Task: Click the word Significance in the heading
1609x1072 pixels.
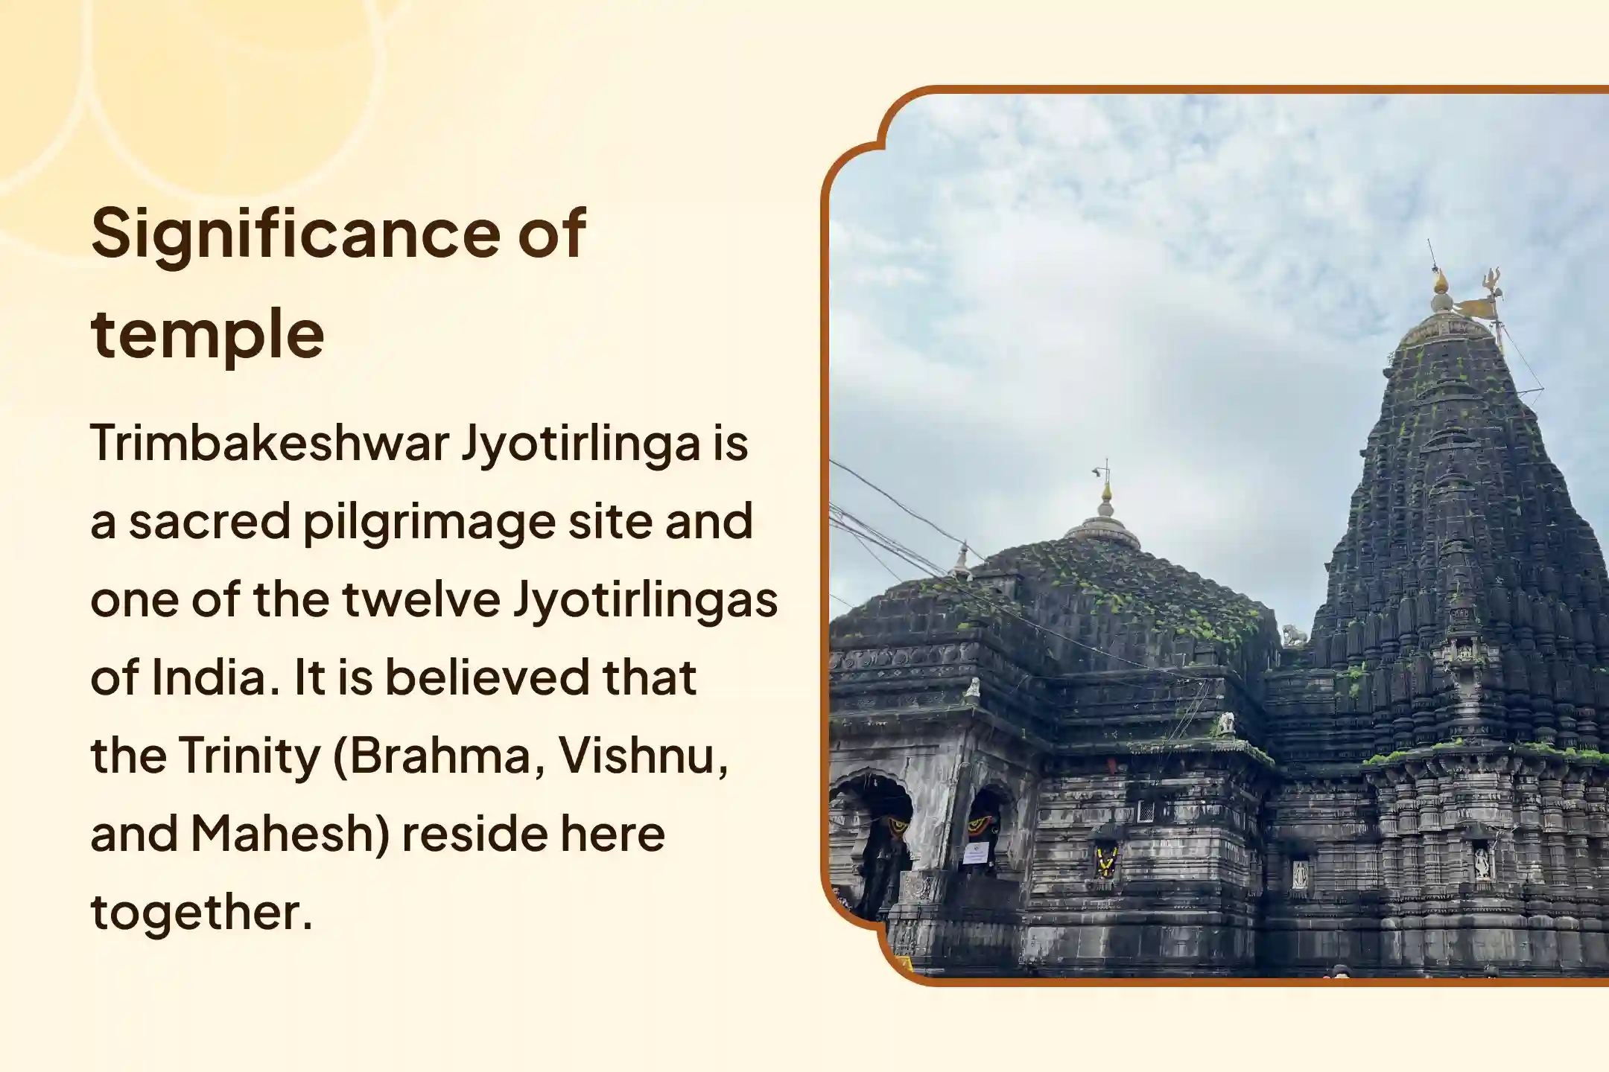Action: pyautogui.click(x=295, y=234)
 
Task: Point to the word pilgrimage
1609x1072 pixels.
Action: pyautogui.click(x=429, y=523)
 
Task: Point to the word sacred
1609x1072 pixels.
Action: pyautogui.click(x=209, y=521)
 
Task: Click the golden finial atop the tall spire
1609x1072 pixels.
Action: pyautogui.click(x=1441, y=282)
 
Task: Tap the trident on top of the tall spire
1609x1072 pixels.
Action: pyautogui.click(x=1492, y=281)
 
